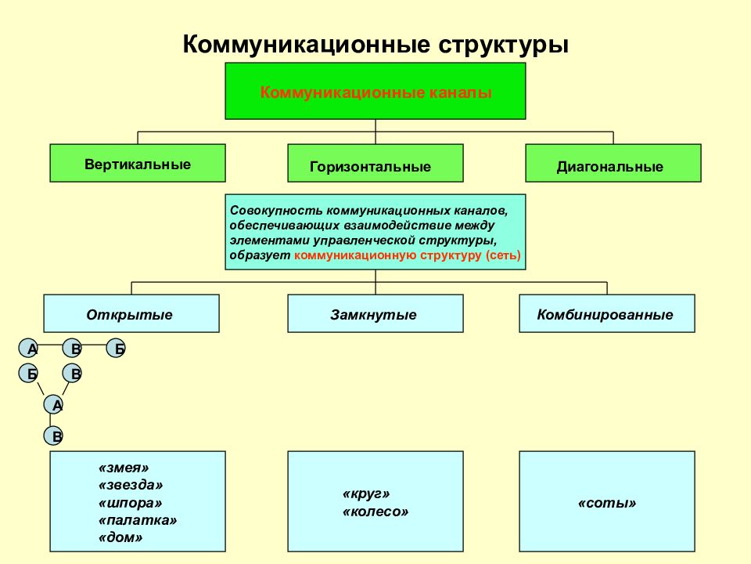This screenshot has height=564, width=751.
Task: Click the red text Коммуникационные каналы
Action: tap(375, 92)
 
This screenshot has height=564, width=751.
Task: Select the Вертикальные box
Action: tap(138, 163)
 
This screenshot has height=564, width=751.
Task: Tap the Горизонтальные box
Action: tap(375, 163)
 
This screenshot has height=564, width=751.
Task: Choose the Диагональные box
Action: tap(613, 163)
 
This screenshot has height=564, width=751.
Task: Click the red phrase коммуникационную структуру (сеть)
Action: tap(407, 255)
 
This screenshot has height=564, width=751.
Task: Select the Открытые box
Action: tap(131, 313)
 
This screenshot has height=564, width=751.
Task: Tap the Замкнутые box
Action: tap(375, 313)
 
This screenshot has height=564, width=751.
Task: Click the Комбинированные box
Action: tap(607, 313)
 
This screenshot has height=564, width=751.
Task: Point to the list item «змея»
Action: tap(124, 468)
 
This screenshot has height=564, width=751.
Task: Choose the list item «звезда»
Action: tap(131, 485)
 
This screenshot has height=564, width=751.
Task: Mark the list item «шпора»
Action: tap(131, 503)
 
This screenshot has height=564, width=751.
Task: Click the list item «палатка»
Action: tap(138, 520)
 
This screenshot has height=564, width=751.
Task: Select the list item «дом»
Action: tap(120, 537)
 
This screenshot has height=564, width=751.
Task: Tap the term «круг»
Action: tap(366, 494)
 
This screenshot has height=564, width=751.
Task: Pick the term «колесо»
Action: tap(375, 512)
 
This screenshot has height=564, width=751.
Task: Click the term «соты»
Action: tap(607, 503)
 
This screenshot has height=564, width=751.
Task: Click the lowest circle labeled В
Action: tap(54, 436)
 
